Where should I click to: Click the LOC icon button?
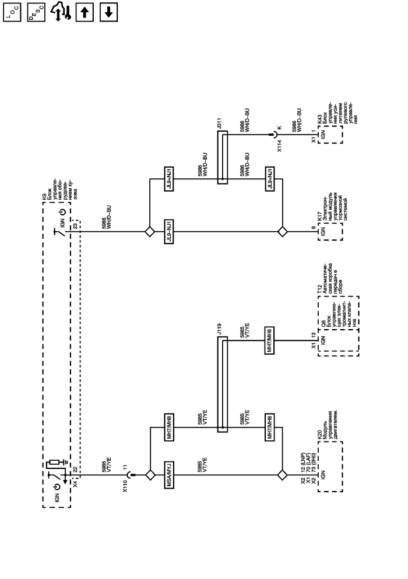[12, 12]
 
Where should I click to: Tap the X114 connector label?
[280, 146]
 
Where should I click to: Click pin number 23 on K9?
[75, 227]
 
